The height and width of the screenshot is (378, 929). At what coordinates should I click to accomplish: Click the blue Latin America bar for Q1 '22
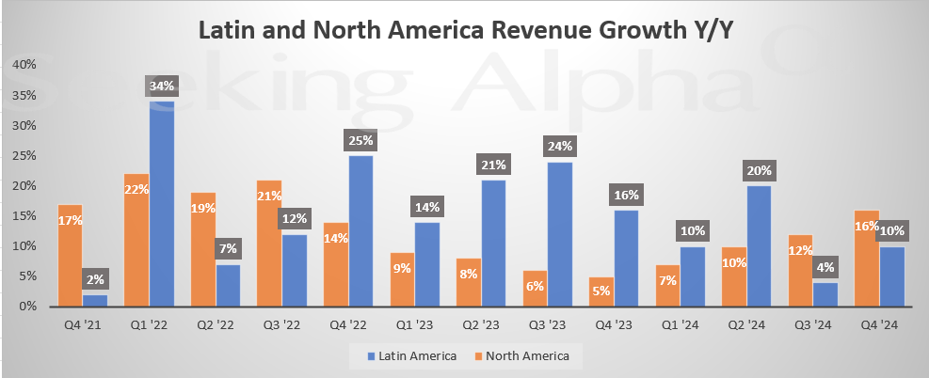coord(162,202)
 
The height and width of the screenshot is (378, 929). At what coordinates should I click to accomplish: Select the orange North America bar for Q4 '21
coord(69,254)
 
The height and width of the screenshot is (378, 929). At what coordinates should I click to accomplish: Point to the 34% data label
coord(162,87)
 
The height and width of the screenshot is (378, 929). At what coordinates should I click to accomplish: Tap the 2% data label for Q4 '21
coord(95,278)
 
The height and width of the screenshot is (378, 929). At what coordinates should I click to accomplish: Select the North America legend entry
coord(530,355)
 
